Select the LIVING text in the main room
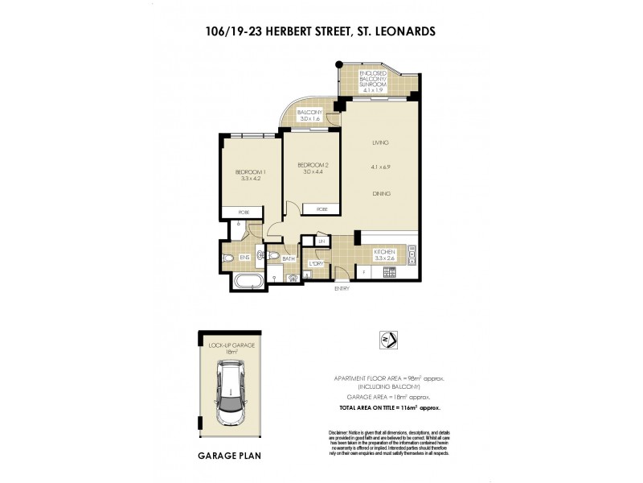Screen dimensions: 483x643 click(x=380, y=142)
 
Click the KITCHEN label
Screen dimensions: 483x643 click(x=385, y=253)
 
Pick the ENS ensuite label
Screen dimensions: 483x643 click(x=244, y=258)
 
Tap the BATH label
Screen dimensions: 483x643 click(x=289, y=258)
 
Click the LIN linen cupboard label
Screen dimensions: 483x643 click(x=320, y=241)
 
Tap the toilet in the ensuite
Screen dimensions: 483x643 click(x=227, y=258)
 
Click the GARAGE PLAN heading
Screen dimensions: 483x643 click(x=229, y=455)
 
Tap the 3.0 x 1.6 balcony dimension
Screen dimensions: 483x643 click(x=309, y=119)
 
